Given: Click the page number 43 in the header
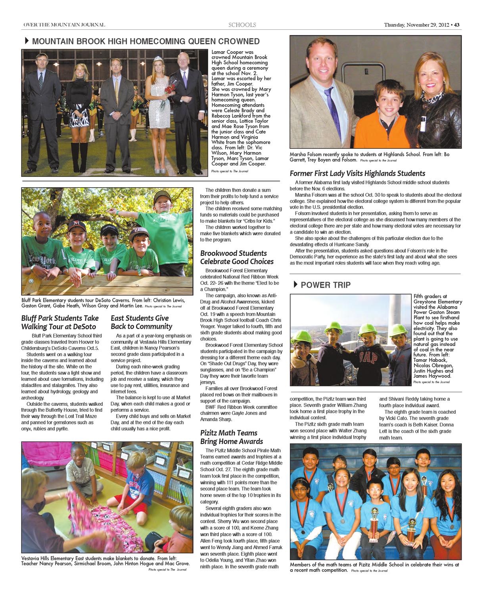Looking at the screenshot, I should pos(457,25).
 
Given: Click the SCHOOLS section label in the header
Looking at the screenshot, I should pos(242,25).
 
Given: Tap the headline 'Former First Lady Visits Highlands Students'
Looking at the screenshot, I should pos(357,173).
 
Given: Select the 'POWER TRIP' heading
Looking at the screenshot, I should pos(326,285).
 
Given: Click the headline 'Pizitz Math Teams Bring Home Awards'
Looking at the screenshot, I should pos(232,437).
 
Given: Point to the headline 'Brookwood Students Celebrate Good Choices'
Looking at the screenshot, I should pos(237,257).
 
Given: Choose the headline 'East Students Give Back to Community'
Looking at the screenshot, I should pos(141,322).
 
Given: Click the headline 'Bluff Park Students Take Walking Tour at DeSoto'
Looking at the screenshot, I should pos(60,322).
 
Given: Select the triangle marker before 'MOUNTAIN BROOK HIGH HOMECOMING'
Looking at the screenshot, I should pos(27,41).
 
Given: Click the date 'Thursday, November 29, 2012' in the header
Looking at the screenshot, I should pos(416,25).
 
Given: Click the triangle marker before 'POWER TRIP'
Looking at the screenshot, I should pos(295,284).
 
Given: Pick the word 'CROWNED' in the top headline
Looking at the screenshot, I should pos(238,41).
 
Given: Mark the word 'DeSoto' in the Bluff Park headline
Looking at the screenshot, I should pos(84,327).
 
